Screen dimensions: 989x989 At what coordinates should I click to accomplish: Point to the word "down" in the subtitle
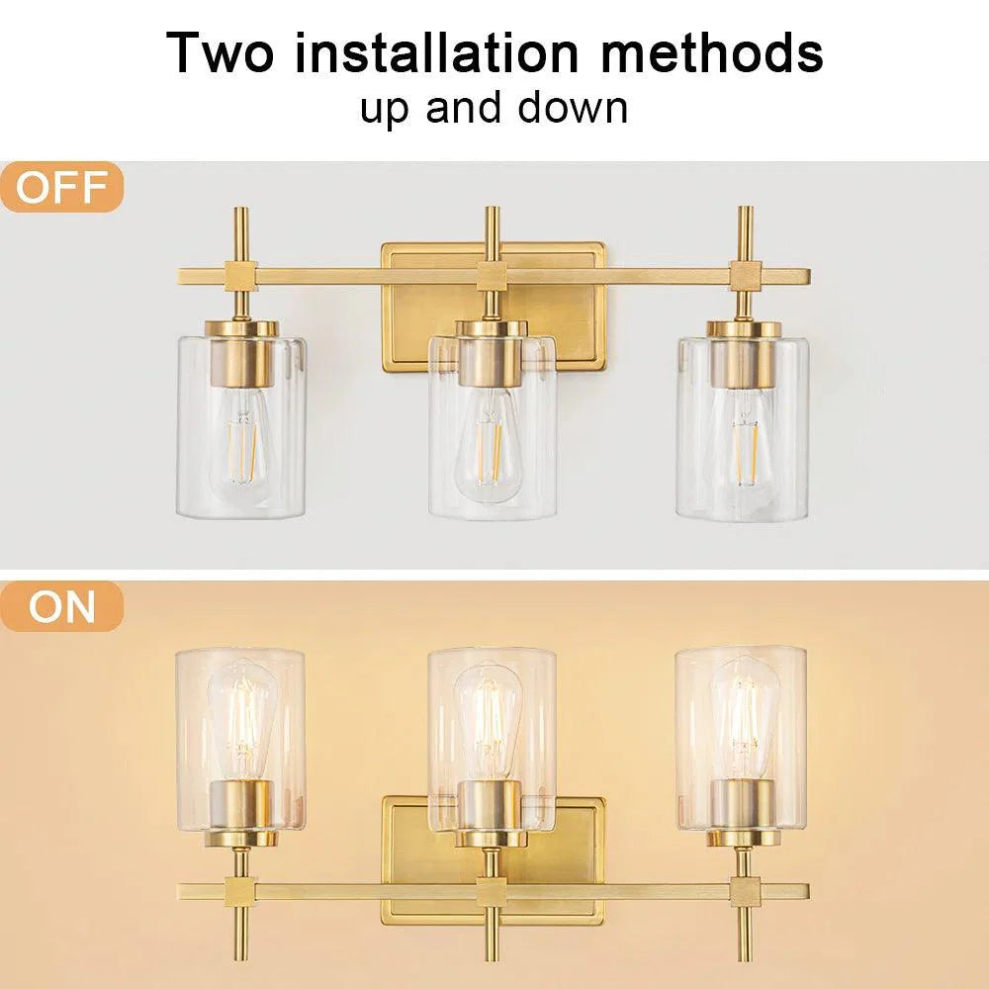point(579,107)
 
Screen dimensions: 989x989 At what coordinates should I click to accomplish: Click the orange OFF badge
point(61,188)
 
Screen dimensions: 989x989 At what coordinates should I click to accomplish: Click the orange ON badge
point(61,606)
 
